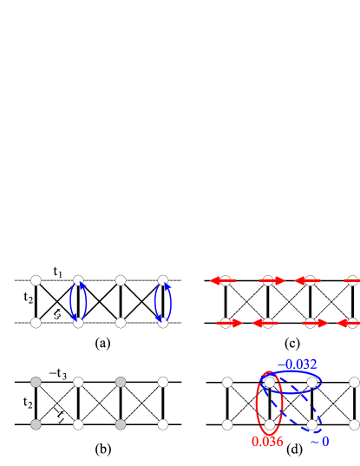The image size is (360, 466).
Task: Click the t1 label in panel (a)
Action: click(x=56, y=272)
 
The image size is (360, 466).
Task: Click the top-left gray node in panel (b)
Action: click(x=36, y=381)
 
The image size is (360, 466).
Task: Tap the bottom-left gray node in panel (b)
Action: click(x=36, y=424)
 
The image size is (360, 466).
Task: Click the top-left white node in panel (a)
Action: click(x=36, y=280)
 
